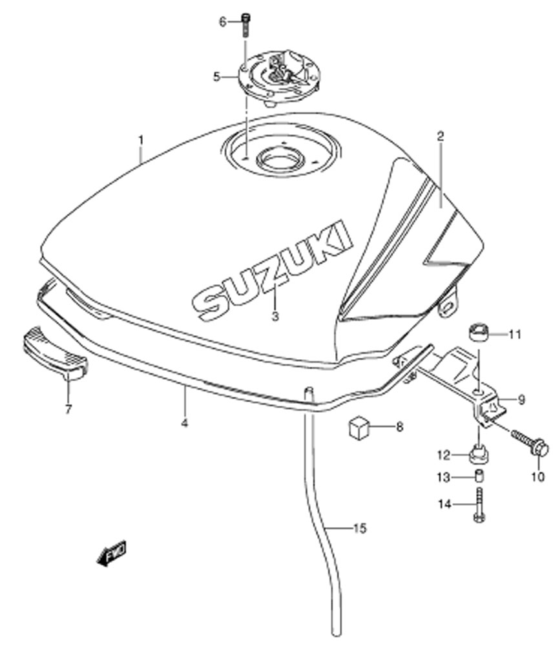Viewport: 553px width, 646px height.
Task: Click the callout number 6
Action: click(x=223, y=22)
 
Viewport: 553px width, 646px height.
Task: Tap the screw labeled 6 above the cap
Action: click(x=246, y=25)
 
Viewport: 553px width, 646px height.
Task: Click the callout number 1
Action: click(x=141, y=140)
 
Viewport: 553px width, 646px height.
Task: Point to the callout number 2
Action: click(x=441, y=136)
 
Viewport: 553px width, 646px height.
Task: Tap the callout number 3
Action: click(x=275, y=317)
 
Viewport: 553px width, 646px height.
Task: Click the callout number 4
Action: click(x=184, y=422)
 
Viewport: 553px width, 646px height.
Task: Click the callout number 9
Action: click(x=521, y=400)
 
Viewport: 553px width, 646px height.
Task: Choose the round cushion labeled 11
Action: click(x=479, y=333)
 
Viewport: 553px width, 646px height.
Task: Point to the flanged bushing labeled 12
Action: click(x=479, y=455)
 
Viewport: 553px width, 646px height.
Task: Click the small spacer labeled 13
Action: click(x=479, y=476)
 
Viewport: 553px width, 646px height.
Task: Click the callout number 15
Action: click(x=360, y=528)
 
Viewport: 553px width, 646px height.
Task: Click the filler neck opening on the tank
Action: click(x=280, y=160)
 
